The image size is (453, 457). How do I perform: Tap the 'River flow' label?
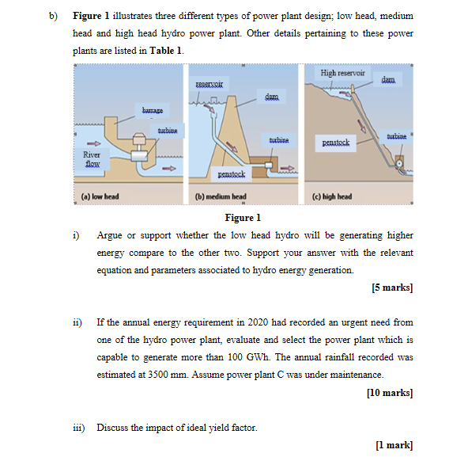point(92,159)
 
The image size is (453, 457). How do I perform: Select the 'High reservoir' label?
point(343,73)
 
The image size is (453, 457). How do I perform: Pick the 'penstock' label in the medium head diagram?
point(232,173)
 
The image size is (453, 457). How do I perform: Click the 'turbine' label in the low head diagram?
point(167,129)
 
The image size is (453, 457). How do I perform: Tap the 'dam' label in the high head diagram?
point(387,80)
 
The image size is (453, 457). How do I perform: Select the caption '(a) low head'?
point(100,196)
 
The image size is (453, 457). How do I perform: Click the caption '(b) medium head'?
point(221,196)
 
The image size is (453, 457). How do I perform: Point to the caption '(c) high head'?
point(333,196)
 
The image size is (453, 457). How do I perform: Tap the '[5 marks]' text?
point(391,287)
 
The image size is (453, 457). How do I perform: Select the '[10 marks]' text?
point(389,392)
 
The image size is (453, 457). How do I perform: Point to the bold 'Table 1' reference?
point(166,50)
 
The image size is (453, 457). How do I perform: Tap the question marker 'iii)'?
point(78,428)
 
